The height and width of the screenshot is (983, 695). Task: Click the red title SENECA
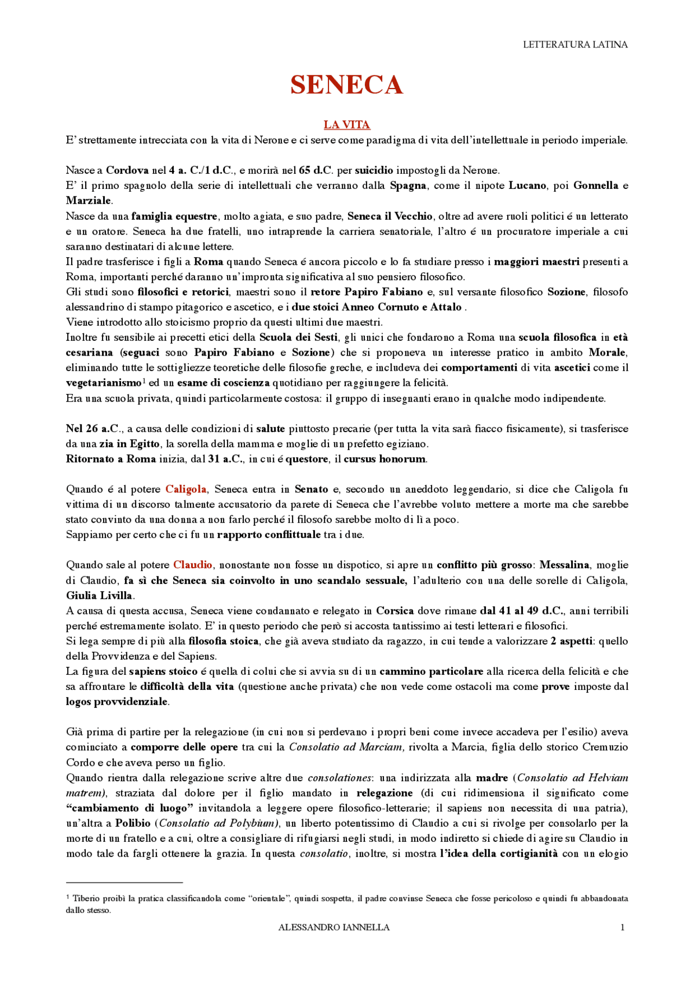click(x=346, y=85)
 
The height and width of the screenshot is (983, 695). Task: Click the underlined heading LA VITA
click(x=346, y=125)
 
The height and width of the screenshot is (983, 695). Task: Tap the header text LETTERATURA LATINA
click(x=575, y=45)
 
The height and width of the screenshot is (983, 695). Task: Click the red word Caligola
click(x=186, y=489)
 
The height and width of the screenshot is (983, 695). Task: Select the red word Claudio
click(x=193, y=565)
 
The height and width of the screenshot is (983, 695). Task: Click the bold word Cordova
click(x=127, y=170)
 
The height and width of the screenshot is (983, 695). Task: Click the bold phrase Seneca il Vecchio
click(x=390, y=216)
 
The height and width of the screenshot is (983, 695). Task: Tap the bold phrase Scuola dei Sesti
click(x=298, y=338)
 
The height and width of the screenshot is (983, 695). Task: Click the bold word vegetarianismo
click(x=103, y=383)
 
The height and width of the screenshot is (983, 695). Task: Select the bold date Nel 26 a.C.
click(x=93, y=429)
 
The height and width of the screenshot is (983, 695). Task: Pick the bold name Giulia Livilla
click(x=99, y=595)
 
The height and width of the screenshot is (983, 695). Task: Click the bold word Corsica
click(x=395, y=611)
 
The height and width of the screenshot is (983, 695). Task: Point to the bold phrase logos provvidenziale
click(x=117, y=702)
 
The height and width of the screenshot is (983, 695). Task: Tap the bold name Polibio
click(x=132, y=823)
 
